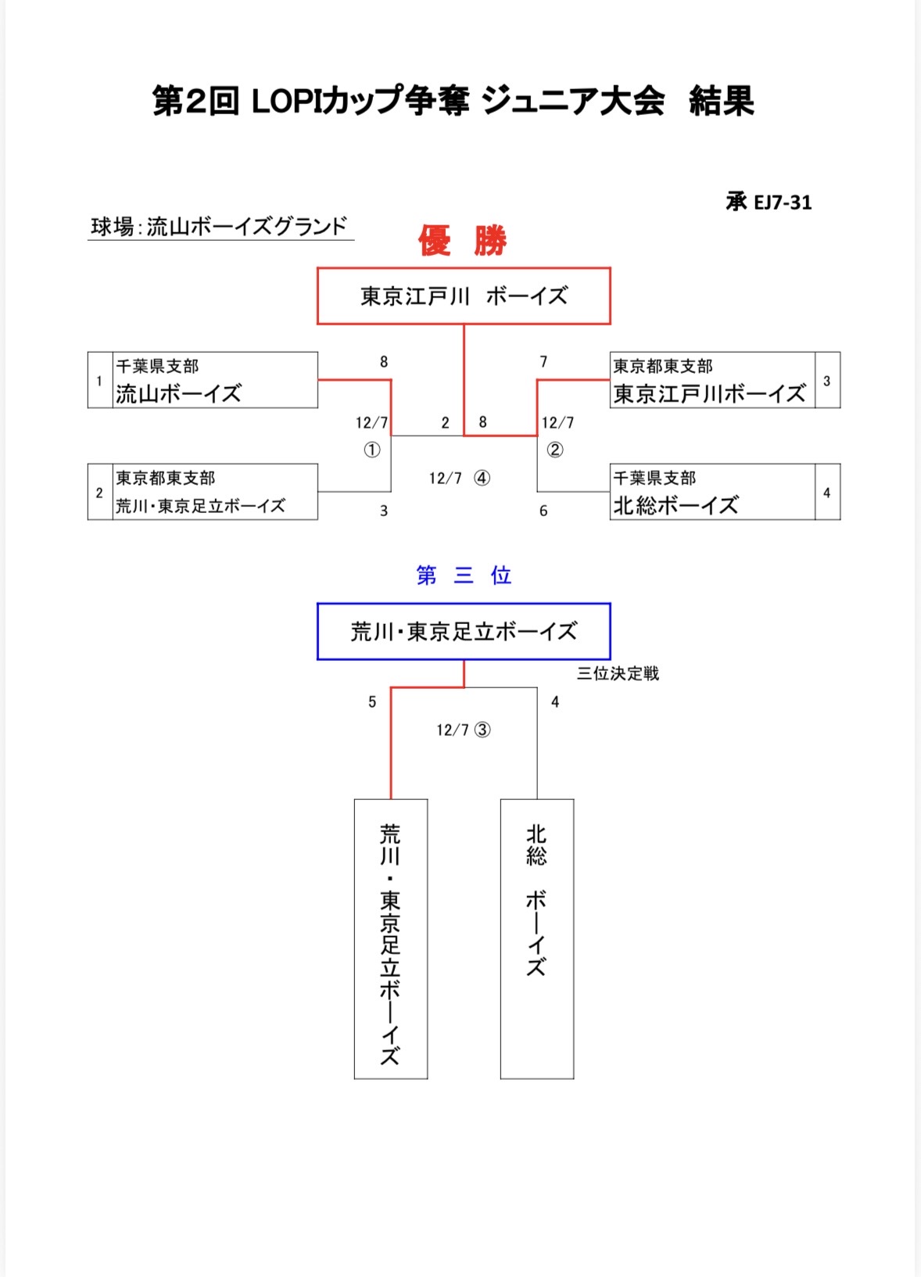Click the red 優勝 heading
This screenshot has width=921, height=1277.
(463, 241)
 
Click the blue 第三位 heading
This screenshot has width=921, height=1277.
(463, 576)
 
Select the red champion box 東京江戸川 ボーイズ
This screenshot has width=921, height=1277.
(463, 296)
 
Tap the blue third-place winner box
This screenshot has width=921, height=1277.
(463, 631)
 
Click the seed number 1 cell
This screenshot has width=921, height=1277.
(99, 381)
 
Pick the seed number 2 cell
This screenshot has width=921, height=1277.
(99, 493)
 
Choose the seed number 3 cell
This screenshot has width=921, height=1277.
(826, 381)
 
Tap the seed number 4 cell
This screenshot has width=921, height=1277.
(826, 493)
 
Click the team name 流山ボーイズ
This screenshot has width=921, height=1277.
(179, 393)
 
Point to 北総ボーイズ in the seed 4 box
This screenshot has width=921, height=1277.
(676, 505)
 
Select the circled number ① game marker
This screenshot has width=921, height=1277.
(372, 450)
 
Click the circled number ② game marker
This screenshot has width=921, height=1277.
(554, 450)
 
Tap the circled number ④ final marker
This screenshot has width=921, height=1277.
(482, 478)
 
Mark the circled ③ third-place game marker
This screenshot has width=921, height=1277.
(482, 730)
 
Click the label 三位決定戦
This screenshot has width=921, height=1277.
(618, 673)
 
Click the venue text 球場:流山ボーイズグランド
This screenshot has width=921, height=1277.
(219, 227)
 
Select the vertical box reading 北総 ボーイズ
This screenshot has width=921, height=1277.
(536, 938)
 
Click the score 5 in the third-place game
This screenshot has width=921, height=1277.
(372, 702)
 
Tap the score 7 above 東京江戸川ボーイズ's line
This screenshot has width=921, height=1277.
(543, 362)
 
